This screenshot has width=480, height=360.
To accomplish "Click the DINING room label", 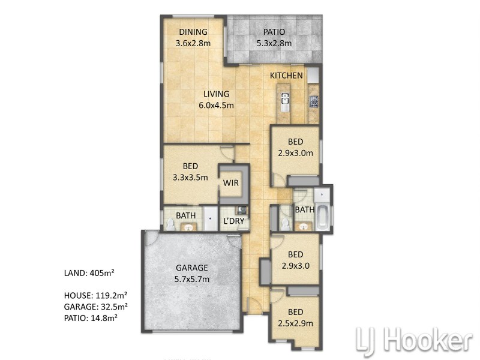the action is point(193,32).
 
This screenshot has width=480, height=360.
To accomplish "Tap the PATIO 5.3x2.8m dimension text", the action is point(274,43).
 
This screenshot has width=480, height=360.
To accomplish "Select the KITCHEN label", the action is point(286,76).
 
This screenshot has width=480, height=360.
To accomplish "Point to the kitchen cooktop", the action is point(314,101).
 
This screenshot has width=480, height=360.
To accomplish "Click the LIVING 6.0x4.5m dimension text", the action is point(216,106).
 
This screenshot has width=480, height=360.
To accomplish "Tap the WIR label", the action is point(231,183).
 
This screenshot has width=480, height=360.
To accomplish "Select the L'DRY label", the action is point(234,221).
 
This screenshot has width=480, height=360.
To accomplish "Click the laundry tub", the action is point(242,210).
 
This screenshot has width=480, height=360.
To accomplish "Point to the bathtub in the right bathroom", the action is point(322,218).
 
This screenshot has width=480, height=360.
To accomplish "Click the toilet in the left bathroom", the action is point(170,224).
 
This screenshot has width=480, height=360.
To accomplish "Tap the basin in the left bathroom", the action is point(188,227).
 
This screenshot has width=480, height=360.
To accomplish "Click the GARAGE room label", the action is point(192,268).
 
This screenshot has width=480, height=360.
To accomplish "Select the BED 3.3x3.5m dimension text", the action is point(190,177).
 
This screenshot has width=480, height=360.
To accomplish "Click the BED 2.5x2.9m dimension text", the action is point(295,323).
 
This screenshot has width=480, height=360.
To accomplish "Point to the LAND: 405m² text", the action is point(89,273).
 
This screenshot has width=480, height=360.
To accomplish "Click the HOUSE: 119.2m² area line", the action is point(96,295).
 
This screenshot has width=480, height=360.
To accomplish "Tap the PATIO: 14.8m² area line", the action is point(91,318).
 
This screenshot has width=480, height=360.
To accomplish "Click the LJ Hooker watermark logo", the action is point(415,340).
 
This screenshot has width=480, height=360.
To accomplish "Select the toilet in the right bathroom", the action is point(286,224).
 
